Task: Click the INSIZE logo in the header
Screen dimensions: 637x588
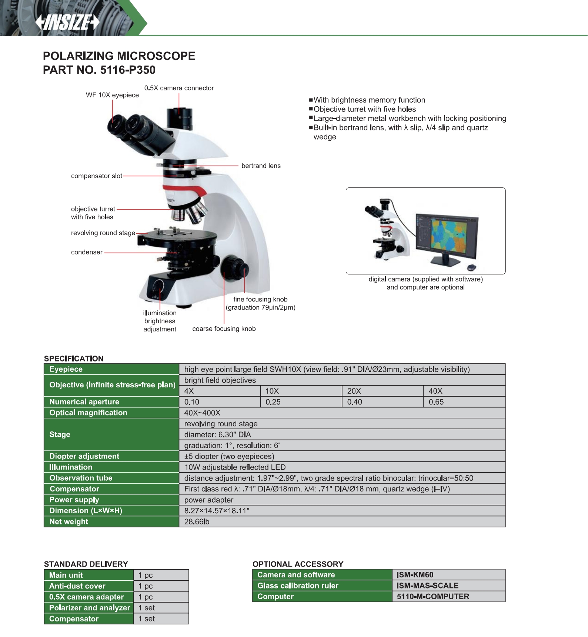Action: (x=67, y=23)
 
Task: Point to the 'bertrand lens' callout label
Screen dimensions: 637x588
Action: (x=261, y=166)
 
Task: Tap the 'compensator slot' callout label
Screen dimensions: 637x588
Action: (x=96, y=176)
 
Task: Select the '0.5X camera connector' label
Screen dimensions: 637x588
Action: (x=179, y=88)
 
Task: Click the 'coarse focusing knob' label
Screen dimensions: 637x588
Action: (x=224, y=329)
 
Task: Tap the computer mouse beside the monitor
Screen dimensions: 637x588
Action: (x=472, y=267)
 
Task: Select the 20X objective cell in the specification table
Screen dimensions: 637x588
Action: (x=382, y=391)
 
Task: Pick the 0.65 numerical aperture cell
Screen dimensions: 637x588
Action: (x=464, y=402)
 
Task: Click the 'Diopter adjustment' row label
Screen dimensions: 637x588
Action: (x=84, y=456)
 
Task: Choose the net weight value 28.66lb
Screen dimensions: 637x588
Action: (x=197, y=522)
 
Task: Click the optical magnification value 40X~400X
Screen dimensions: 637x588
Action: (x=202, y=413)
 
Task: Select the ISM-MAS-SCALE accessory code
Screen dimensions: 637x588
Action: (x=427, y=586)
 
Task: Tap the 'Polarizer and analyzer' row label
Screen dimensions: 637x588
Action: (x=89, y=608)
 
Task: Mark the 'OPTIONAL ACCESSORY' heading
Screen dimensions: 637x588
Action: (x=298, y=564)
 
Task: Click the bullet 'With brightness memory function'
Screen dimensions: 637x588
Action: (x=369, y=100)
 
